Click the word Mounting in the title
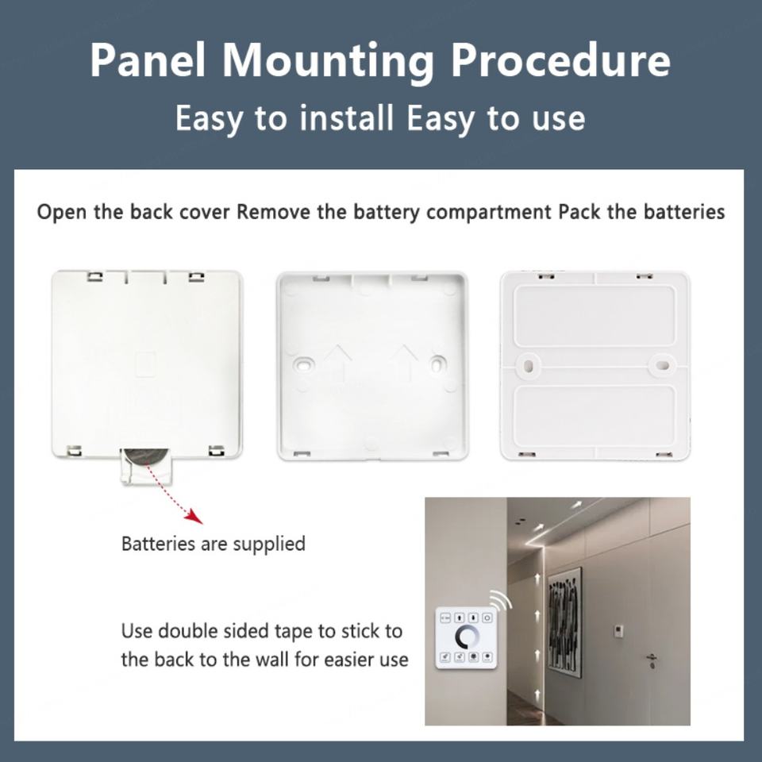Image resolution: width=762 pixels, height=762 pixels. tap(328, 60)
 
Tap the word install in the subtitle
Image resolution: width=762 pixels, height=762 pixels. tap(346, 118)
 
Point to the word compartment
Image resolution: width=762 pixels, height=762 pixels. tap(489, 213)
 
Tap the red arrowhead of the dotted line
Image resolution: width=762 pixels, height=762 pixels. tap(195, 516)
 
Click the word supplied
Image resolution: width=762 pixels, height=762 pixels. tap(269, 545)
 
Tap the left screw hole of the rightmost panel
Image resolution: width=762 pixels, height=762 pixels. tap(529, 364)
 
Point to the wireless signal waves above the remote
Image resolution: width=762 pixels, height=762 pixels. tap(502, 600)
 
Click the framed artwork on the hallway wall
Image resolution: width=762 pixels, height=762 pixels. tap(564, 622)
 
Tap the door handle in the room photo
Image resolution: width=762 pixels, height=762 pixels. tap(651, 659)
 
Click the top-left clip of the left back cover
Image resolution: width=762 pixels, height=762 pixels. tap(95, 276)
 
